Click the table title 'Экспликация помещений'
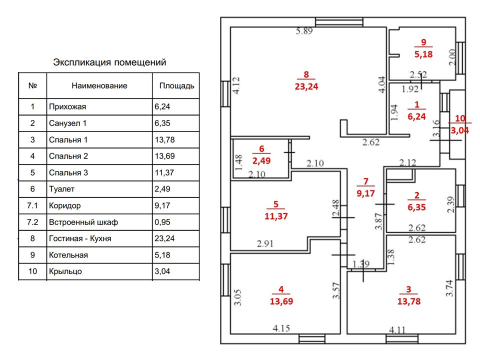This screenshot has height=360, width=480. (109, 62)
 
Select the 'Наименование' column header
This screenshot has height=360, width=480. (99, 85)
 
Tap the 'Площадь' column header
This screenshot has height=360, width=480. (176, 85)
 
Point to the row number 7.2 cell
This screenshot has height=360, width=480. (32, 222)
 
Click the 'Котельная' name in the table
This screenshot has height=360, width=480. (68, 255)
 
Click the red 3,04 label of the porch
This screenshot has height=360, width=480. (459, 131)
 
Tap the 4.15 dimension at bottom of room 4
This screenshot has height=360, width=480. (282, 329)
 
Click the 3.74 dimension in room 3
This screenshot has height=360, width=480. (449, 289)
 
